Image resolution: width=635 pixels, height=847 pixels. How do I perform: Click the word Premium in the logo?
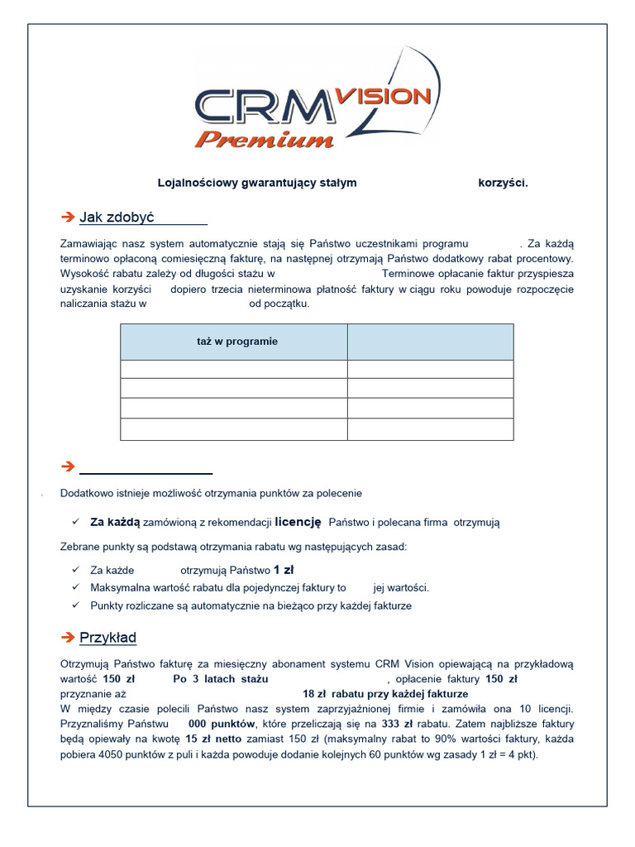click(265, 138)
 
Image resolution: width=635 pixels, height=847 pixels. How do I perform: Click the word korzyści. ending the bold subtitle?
click(503, 183)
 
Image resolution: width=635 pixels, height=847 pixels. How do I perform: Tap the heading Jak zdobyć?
click(117, 218)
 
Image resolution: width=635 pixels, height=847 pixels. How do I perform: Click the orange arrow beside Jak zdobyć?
click(68, 218)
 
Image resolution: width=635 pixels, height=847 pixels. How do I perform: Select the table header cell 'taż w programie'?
click(237, 342)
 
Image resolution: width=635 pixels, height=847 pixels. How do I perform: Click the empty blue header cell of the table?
click(430, 342)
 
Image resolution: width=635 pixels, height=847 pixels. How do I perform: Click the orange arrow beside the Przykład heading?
click(68, 638)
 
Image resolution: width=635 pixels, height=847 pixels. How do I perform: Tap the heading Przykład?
click(108, 638)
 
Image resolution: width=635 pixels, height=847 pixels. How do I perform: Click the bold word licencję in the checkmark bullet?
click(298, 522)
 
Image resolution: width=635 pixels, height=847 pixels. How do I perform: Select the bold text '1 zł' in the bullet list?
click(284, 570)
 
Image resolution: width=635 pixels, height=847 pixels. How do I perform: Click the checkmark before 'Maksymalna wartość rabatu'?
click(75, 587)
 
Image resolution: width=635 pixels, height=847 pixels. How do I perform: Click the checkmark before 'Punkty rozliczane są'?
click(75, 605)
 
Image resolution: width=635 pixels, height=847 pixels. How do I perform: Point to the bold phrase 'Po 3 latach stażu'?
click(221, 679)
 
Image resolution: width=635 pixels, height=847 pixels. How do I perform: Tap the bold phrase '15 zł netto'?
click(213, 739)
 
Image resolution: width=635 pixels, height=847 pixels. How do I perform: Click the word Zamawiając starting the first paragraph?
click(91, 244)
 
